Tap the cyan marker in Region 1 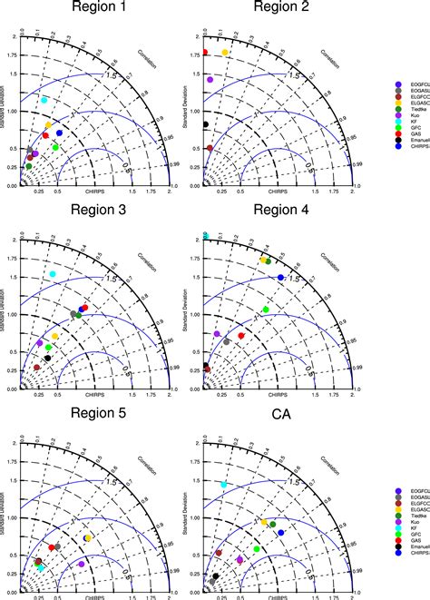pos(44,100)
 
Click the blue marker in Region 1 pos(60,133)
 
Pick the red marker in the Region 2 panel pos(205,53)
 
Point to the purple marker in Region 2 pos(210,80)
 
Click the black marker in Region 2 pos(206,124)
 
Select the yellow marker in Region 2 pos(225,53)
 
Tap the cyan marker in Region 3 pos(53,273)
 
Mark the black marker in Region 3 pos(48,359)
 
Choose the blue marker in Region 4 pos(280,277)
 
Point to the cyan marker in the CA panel pos(224,484)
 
